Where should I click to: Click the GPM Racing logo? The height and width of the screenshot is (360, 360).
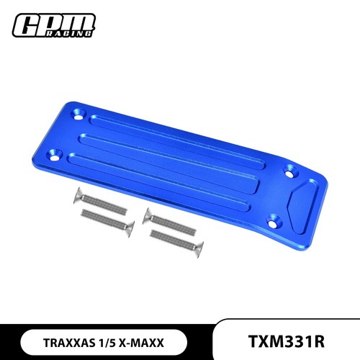[54, 25]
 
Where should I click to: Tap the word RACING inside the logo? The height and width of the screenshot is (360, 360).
[68, 33]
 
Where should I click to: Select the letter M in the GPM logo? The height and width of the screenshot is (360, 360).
[80, 22]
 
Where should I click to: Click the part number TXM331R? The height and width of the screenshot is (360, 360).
[286, 341]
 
